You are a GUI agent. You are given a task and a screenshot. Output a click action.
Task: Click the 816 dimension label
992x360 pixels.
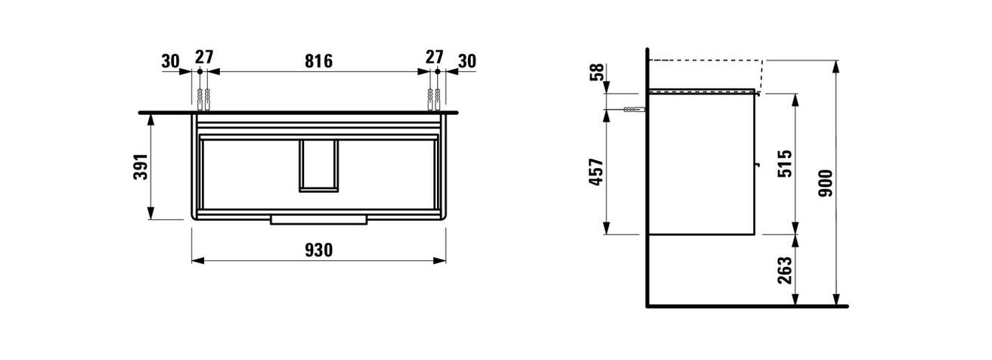(x=318, y=61)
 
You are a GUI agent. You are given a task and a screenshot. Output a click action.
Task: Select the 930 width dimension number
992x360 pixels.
(x=318, y=250)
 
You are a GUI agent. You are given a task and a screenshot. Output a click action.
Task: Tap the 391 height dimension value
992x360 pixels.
(x=141, y=166)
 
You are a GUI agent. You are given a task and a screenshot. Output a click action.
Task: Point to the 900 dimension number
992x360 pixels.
(x=825, y=183)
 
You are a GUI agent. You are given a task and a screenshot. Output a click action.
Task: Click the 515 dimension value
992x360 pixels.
(x=785, y=164)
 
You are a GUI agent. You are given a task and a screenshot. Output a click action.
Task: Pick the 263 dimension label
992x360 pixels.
(x=785, y=270)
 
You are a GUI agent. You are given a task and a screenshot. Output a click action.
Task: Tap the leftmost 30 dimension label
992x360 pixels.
(x=171, y=61)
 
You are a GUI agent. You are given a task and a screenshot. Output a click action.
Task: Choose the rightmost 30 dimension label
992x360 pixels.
(x=467, y=61)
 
